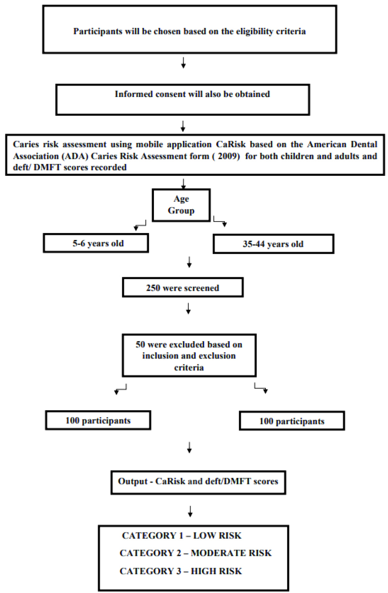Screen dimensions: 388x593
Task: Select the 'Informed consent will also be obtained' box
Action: [x=183, y=100]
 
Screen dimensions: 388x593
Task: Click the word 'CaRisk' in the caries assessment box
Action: [x=231, y=144]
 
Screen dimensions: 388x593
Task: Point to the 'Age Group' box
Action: [x=181, y=205]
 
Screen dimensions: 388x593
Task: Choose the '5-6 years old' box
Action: [x=96, y=243]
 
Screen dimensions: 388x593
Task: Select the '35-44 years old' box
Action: [x=273, y=244]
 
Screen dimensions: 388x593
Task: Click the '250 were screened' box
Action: [x=183, y=287]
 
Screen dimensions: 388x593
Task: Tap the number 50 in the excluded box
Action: [x=140, y=344]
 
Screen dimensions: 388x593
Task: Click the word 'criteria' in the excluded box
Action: [x=189, y=368]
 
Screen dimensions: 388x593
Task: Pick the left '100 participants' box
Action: [x=98, y=420]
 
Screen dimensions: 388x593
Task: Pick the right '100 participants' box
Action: [x=292, y=421]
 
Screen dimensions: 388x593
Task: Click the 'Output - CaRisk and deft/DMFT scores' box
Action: [x=198, y=482]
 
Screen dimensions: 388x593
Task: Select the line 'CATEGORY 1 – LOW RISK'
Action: [x=181, y=535]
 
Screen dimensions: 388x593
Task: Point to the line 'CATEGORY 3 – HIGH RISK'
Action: [x=181, y=571]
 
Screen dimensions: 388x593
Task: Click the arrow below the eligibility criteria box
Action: [x=183, y=63]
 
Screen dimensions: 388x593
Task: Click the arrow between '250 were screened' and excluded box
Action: [x=188, y=308]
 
